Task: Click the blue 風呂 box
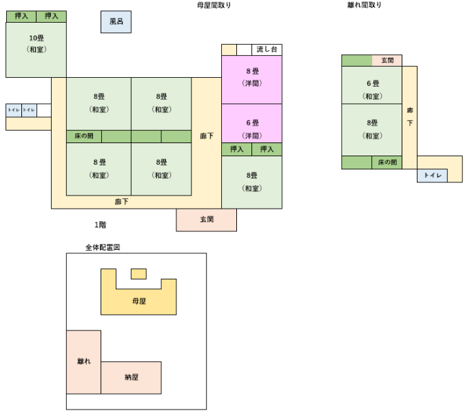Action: (116, 22)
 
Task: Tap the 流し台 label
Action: (267, 50)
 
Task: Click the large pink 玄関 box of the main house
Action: (207, 220)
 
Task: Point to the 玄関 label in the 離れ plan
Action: (387, 61)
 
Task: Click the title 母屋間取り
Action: (214, 5)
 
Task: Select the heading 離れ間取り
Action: (364, 5)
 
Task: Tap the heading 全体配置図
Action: (103, 246)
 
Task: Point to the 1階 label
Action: (101, 224)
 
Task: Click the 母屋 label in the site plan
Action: (138, 301)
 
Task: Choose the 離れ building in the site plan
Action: (83, 361)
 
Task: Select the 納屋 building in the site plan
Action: (132, 377)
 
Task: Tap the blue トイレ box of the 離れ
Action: (432, 176)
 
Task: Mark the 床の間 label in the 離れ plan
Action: (387, 163)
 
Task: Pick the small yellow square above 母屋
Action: (138, 274)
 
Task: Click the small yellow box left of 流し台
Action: (229, 50)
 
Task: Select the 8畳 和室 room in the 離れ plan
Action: (372, 129)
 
